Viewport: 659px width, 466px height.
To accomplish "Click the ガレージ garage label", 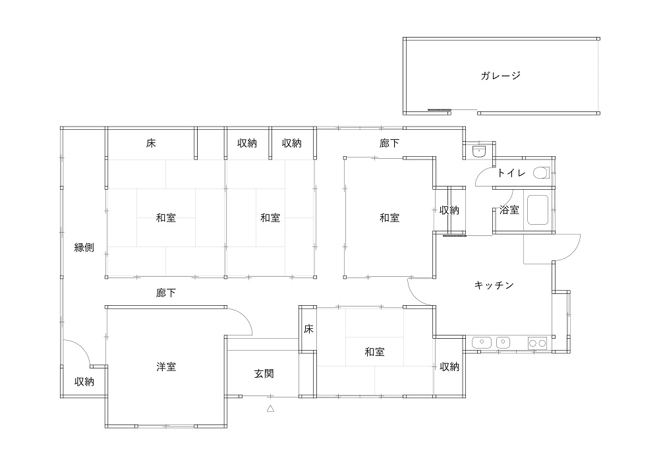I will tap(501, 75).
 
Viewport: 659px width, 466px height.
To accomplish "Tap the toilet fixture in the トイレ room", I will tap(541, 173).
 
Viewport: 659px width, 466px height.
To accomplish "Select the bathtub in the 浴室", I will tap(538, 211).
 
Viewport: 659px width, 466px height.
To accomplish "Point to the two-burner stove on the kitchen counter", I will tap(536, 342).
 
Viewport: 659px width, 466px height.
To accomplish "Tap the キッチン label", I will tap(494, 285).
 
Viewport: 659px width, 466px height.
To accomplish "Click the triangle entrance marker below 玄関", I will tap(270, 409).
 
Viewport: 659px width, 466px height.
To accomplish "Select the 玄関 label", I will tap(264, 373).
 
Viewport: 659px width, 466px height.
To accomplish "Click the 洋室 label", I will tap(166, 366).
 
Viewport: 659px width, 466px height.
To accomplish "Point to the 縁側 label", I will tap(84, 248).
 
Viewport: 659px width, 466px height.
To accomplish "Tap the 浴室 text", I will tap(509, 210).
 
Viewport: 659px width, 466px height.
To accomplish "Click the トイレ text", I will tap(511, 173).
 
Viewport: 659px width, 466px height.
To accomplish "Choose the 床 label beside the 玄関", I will tap(308, 329).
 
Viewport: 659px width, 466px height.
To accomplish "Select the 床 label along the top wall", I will tap(151, 143).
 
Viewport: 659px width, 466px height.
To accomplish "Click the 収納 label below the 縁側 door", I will tap(84, 381).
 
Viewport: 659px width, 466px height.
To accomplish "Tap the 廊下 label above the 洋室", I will tap(166, 292).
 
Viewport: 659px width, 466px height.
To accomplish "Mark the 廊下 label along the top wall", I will tap(389, 143).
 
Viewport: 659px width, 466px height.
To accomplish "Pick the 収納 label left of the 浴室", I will tap(449, 210).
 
